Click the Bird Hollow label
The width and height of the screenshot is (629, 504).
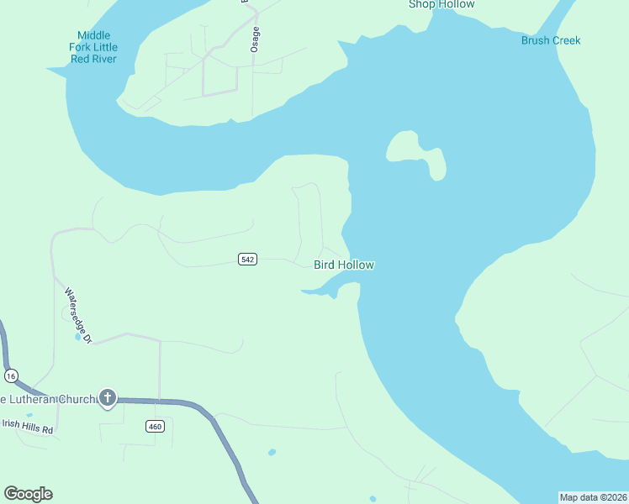[343, 265]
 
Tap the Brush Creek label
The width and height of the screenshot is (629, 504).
[551, 40]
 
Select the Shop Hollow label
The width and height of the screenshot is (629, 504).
[441, 5]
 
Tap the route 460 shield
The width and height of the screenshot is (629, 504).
[155, 427]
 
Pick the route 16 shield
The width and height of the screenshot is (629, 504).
[10, 375]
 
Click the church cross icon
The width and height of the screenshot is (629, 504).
[108, 397]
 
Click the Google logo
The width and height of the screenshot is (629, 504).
[28, 494]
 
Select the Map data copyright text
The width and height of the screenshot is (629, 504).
[593, 497]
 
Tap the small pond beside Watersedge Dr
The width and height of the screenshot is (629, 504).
[78, 338]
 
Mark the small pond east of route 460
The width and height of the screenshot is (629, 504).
[272, 453]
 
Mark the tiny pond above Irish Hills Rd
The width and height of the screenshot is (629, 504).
[29, 415]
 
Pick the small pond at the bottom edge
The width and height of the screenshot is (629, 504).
[373, 499]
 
